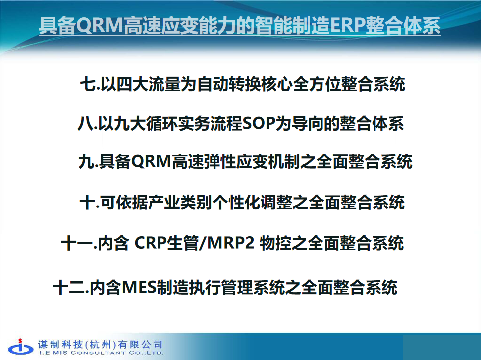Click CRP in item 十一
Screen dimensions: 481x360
(150, 243)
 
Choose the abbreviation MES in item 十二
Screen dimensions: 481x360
(139, 287)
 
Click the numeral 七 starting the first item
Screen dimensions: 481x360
(88, 84)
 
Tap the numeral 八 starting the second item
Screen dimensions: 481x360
(85, 124)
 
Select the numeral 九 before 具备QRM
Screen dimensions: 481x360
(86, 162)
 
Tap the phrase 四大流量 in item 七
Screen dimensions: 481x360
(149, 84)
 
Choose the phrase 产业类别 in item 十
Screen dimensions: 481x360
(180, 203)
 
